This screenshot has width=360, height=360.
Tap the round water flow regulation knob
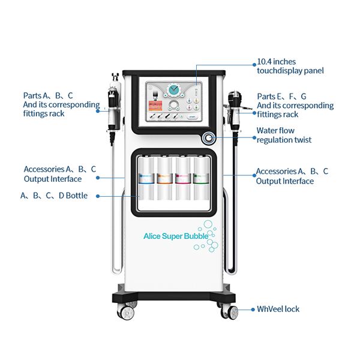pyautogui.click(x=208, y=137)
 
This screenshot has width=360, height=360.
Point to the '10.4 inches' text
pyautogui.click(x=276, y=61)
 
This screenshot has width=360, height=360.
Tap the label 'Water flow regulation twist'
pyautogui.click(x=284, y=135)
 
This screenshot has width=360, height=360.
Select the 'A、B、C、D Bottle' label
pyautogui.click(x=53, y=195)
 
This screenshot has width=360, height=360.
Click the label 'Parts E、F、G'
pyautogui.click(x=281, y=96)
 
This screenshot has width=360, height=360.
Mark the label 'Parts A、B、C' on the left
pyautogui.click(x=48, y=95)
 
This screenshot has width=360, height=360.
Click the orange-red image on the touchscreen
pyautogui.click(x=155, y=107)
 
